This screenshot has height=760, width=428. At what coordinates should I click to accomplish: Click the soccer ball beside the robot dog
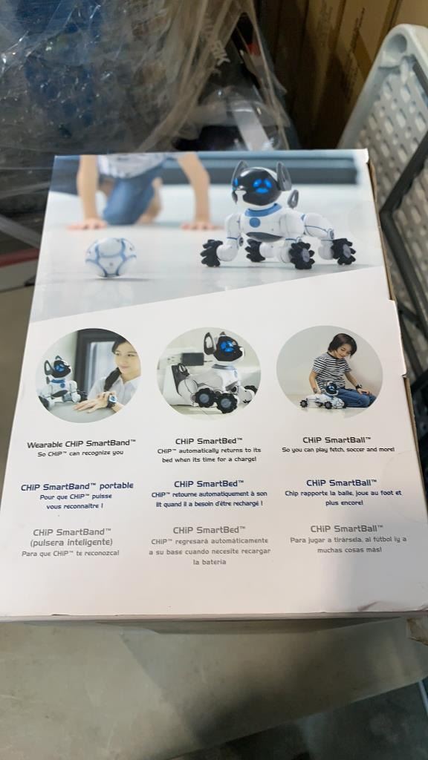pyautogui.click(x=111, y=257)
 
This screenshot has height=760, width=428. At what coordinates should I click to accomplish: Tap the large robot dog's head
pyautogui.click(x=259, y=184)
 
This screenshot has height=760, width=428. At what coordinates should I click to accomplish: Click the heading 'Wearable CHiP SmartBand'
pyautogui.click(x=80, y=444)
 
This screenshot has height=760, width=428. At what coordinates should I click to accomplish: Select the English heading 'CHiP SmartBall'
pyautogui.click(x=337, y=440)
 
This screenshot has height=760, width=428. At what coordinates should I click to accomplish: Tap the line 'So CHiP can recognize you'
pyautogui.click(x=80, y=454)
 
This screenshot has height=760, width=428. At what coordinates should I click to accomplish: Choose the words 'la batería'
pyautogui.click(x=209, y=563)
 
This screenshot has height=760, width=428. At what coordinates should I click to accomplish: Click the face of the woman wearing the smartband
pyautogui.click(x=126, y=361)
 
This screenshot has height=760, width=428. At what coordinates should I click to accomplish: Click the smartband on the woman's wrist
pyautogui.click(x=112, y=400)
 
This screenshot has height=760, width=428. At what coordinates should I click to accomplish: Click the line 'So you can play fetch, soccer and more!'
pyautogui.click(x=338, y=450)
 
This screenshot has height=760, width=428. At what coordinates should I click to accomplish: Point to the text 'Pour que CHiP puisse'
pyautogui.click(x=75, y=497)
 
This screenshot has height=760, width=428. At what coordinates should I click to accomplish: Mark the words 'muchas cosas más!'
pyautogui.click(x=349, y=550)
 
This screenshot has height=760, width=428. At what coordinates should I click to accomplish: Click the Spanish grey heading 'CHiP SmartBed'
pyautogui.click(x=209, y=530)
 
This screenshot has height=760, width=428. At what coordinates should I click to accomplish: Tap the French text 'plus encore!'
pyautogui.click(x=344, y=503)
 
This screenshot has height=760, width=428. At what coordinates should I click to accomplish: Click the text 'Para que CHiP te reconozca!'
pyautogui.click(x=71, y=553)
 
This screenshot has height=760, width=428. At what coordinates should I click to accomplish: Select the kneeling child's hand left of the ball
pyautogui.click(x=88, y=224)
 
